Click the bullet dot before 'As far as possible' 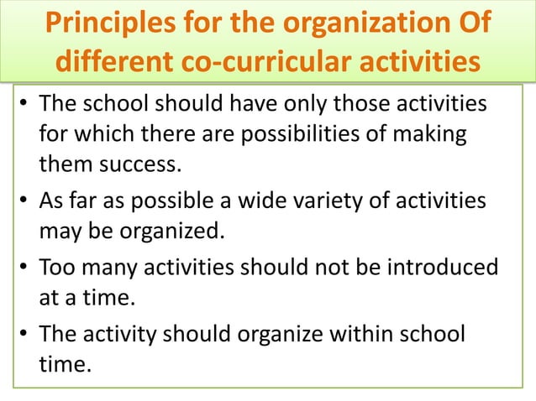click(x=25, y=203)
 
